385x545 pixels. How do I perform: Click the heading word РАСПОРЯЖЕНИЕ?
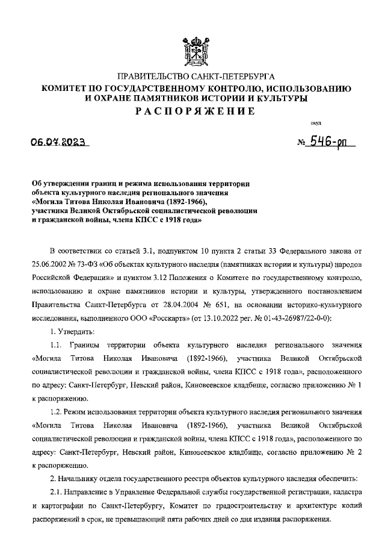coord(192,111)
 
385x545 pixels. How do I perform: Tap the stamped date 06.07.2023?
coord(58,143)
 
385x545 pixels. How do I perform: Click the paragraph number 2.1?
coord(55,492)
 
